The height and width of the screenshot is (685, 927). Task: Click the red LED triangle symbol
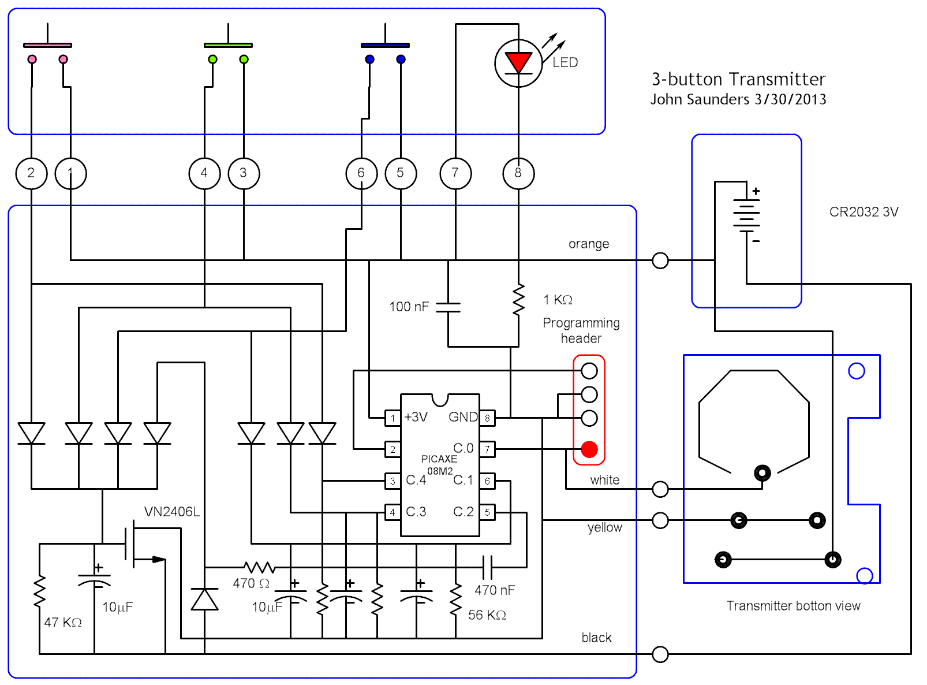click(x=518, y=62)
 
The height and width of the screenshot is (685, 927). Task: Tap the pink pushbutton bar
click(x=47, y=45)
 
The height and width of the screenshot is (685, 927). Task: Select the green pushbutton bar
click(x=228, y=45)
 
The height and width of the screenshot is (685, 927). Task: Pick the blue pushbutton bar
click(x=385, y=45)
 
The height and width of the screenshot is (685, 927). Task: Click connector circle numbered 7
click(x=455, y=173)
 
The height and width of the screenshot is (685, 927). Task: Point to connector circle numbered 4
click(x=204, y=173)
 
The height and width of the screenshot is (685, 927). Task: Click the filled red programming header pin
click(x=589, y=449)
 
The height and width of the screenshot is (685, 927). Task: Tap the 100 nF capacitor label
click(x=409, y=307)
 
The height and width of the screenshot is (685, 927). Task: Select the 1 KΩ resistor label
click(x=558, y=300)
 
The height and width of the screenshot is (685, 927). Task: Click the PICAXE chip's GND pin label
click(x=463, y=417)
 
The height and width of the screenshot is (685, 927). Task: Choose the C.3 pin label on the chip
click(x=416, y=512)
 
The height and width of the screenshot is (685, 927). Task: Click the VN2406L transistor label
click(x=171, y=512)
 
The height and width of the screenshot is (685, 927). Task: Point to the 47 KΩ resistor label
click(x=63, y=623)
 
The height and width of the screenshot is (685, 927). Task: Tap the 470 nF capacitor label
click(x=495, y=590)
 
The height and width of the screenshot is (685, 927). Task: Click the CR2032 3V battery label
click(x=864, y=212)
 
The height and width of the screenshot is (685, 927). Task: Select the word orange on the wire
click(x=588, y=244)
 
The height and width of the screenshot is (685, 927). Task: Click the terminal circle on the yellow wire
click(x=660, y=521)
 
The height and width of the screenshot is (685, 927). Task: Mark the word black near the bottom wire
click(x=596, y=638)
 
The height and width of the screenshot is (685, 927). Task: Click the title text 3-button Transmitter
click(x=738, y=79)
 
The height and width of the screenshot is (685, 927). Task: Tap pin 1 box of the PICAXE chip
click(x=393, y=418)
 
